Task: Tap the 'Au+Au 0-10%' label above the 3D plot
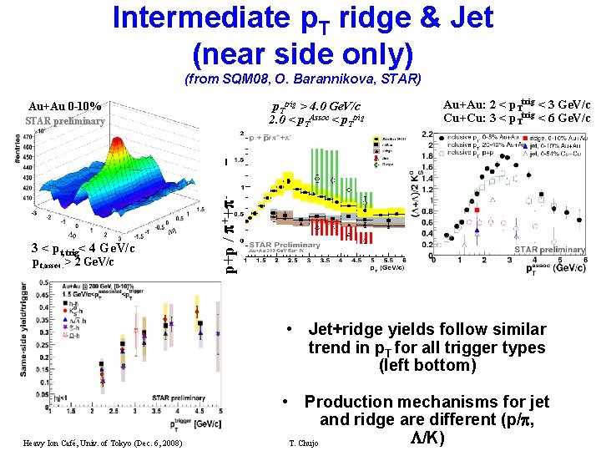[x=65, y=106]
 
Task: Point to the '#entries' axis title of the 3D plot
[x=18, y=155]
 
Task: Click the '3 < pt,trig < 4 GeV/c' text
[x=79, y=249]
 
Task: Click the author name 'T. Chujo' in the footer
[x=300, y=441]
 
